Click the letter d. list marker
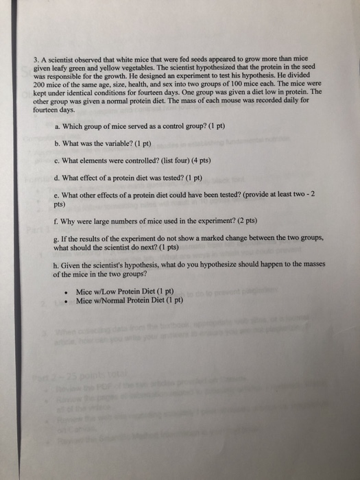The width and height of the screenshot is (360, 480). click(56, 177)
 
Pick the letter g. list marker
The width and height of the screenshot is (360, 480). click(56, 238)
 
